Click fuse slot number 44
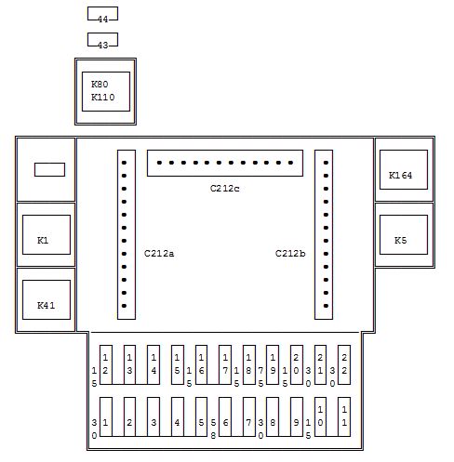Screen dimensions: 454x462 pos(102,14)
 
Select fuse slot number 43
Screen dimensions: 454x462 pos(102,40)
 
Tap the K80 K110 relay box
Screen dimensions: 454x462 pos(106,91)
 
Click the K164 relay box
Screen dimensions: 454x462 pos(404,169)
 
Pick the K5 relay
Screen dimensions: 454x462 pos(404,234)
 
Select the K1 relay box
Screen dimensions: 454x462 pos(47,234)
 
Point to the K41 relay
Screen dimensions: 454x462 pos(47,299)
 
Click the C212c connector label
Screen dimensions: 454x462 pos(225,189)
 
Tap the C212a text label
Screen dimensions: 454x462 pos(159,254)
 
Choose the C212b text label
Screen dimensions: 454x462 pos(290,254)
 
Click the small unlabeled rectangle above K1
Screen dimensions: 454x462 pos(49,169)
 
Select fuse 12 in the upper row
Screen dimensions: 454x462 pos(106,364)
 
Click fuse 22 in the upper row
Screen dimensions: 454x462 pos(344,364)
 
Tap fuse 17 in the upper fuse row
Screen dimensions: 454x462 pos(225,364)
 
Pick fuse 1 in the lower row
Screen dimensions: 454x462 pos(106,416)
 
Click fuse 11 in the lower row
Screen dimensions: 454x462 pos(344,416)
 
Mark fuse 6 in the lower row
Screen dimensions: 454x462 pos(225,416)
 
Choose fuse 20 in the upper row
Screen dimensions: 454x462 pos(297,364)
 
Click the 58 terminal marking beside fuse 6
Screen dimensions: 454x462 pos(213,429)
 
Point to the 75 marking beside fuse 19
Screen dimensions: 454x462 pos(260,376)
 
